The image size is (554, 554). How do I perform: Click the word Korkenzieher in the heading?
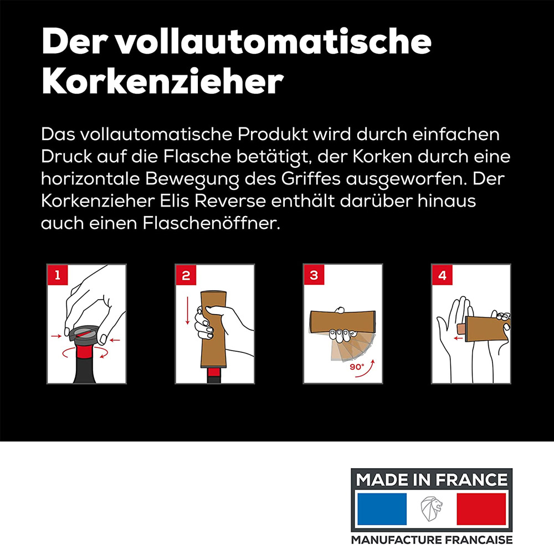coord(162,81)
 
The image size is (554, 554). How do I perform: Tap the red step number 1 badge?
coord(58,275)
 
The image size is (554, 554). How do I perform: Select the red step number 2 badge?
coord(186,275)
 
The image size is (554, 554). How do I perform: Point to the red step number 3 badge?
coord(314,275)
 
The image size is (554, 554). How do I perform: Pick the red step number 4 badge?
coord(442,275)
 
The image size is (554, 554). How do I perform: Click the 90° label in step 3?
coord(357,367)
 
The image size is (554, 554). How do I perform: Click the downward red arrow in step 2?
coord(187,310)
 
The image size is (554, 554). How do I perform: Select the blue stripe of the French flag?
coord(382,509)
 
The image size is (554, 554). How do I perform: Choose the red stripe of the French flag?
coord(481,509)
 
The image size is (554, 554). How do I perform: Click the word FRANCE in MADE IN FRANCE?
coord(471,480)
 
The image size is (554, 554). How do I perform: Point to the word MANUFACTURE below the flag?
coord(397,540)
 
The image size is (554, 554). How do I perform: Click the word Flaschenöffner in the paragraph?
coord(211,223)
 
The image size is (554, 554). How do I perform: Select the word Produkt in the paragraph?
coord(273,134)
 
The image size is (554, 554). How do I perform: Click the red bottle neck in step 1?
coord(85,352)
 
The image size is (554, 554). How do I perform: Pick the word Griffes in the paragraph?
coord(311,179)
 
